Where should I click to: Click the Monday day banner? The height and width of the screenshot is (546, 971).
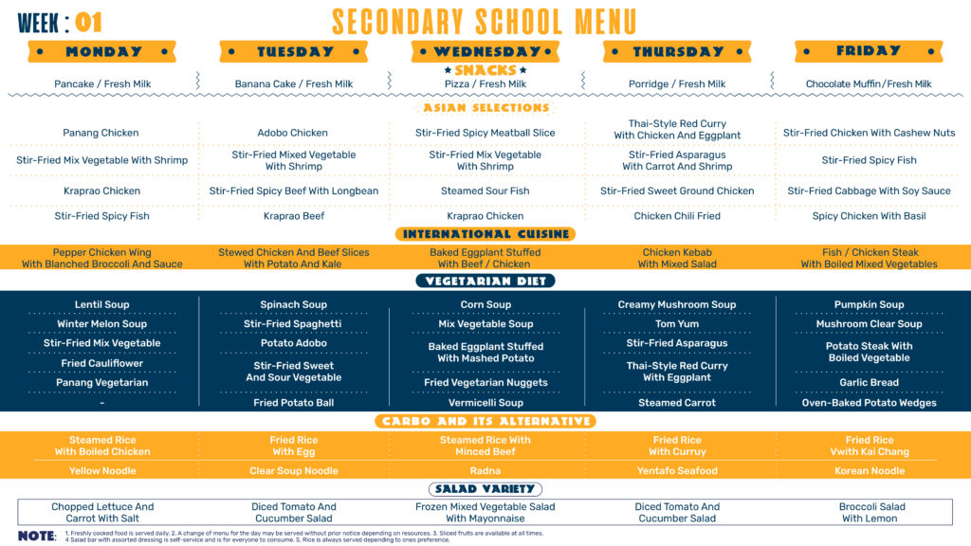click(103, 51)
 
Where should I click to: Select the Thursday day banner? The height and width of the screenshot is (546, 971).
click(677, 51)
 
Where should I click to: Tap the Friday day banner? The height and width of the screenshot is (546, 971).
click(869, 51)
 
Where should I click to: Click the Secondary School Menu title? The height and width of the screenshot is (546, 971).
click(485, 21)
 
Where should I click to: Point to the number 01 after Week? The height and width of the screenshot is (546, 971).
click(88, 22)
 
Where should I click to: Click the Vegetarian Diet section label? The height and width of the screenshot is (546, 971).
click(485, 281)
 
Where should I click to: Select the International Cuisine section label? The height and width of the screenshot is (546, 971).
click(485, 234)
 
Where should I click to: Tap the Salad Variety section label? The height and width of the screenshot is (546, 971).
click(485, 489)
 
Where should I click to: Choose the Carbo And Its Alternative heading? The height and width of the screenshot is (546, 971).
click(485, 421)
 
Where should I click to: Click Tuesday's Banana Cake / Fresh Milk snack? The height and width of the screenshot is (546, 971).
click(294, 84)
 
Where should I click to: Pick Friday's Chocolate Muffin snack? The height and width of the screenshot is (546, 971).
click(869, 84)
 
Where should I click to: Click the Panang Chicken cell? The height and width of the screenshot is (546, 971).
click(101, 133)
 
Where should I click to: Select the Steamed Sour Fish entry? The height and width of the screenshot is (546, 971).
click(485, 191)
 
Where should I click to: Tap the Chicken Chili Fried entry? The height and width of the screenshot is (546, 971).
click(677, 216)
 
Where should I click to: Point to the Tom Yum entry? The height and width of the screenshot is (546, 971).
click(677, 324)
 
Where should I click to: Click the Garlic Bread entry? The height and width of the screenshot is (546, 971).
click(869, 383)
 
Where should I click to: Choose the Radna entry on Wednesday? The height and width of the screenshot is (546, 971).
click(485, 471)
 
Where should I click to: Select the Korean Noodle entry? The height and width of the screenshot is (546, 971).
click(869, 471)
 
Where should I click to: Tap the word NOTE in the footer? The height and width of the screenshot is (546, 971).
click(37, 536)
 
